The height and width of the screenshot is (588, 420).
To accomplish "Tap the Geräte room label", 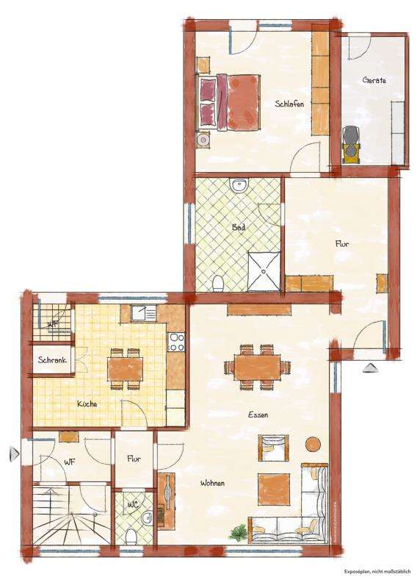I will [373, 80].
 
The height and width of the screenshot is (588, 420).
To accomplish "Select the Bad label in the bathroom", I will [239, 228].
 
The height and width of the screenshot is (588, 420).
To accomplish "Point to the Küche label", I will [87, 404].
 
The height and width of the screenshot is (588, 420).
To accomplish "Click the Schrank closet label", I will [54, 360].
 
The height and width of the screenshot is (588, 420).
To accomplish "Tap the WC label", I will [133, 505].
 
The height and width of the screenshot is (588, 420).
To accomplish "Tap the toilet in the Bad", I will [217, 282].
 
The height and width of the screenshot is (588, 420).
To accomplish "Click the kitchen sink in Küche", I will [144, 314].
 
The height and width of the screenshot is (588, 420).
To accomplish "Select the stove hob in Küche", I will [176, 342].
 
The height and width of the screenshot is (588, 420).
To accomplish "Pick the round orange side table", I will [314, 445].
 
